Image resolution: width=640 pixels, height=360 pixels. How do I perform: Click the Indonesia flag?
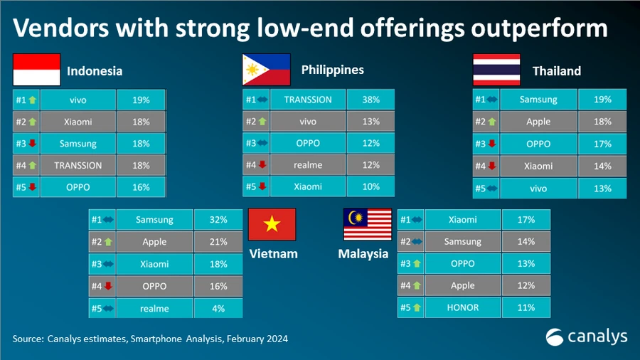click(36, 70)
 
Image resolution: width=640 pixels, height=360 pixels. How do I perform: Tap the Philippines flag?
click(266, 70)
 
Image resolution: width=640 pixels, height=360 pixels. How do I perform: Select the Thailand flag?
click(496, 70)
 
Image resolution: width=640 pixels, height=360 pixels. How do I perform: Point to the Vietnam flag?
click(272, 226)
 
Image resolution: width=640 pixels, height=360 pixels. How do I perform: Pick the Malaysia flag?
click(368, 226)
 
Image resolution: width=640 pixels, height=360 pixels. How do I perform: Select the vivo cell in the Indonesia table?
click(78, 100)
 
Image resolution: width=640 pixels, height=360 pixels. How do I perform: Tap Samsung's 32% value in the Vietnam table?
click(218, 221)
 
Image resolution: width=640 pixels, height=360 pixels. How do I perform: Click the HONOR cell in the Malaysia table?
click(463, 308)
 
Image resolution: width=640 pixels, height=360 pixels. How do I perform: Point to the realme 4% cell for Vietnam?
click(218, 308)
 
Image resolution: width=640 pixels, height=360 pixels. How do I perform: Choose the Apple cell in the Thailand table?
click(538, 122)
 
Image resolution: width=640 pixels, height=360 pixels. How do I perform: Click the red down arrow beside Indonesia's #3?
click(31, 144)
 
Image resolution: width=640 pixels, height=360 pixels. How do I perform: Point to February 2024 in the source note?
click(257, 339)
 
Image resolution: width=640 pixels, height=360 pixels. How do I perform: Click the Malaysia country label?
click(363, 254)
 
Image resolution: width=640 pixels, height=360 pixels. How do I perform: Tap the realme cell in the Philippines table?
click(307, 165)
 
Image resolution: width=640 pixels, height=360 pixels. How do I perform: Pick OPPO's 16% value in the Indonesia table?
click(141, 187)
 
